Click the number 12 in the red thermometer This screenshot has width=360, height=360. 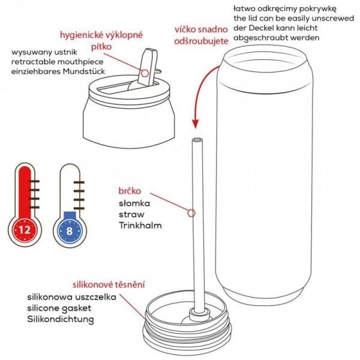pyautogui.click(x=25, y=230)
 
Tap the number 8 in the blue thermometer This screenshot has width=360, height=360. pyautogui.click(x=70, y=231)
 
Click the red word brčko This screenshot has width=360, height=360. pyautogui.click(x=130, y=191)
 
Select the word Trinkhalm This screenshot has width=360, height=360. pyautogui.click(x=140, y=225)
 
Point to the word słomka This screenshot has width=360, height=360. pyautogui.click(x=134, y=203)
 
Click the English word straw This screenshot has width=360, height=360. pyautogui.click(x=131, y=214)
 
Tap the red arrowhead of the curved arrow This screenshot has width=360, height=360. pyautogui.click(x=195, y=124)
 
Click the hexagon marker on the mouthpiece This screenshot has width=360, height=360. pyautogui.click(x=145, y=73)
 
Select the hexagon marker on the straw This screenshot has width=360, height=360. pyautogui.click(x=191, y=213)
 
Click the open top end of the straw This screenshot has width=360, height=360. pyautogui.click(x=197, y=140)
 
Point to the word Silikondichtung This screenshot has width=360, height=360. pyautogui.click(x=61, y=320)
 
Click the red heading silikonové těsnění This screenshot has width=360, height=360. pyautogui.click(x=109, y=284)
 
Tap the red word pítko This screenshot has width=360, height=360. pyautogui.click(x=101, y=47)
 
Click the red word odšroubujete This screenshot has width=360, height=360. pyautogui.click(x=202, y=41)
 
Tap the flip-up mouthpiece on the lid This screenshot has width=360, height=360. pyautogui.click(x=148, y=67)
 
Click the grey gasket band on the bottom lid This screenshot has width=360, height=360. pyautogui.click(x=187, y=335)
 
